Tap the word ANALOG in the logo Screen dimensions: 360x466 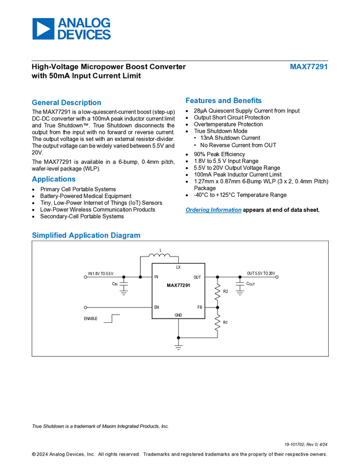(x=84, y=23)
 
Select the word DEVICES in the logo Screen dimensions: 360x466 (x=84, y=35)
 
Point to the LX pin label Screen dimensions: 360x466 (x=178, y=267)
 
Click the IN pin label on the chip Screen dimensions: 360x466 (x=156, y=277)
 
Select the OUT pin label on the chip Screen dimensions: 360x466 (x=197, y=277)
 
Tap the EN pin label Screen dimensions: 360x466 (x=157, y=307)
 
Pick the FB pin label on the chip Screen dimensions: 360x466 (x=199, y=307)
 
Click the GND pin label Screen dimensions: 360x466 (x=178, y=315)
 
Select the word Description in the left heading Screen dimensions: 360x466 (x=82, y=103)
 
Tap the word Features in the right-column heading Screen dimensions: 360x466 (x=202, y=101)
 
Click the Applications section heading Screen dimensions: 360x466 (x=54, y=179)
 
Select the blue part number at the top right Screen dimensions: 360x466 (x=308, y=67)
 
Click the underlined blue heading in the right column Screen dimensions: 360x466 (x=213, y=211)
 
